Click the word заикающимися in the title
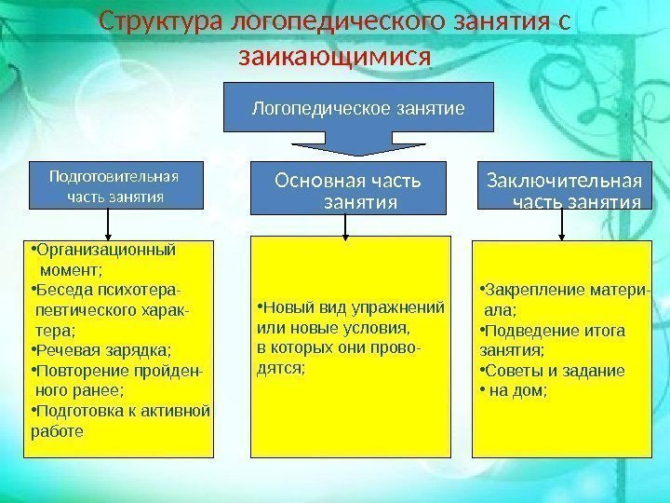coord(335,58)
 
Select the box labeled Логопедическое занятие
coord(358,109)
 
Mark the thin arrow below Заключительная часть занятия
coord(561,224)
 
